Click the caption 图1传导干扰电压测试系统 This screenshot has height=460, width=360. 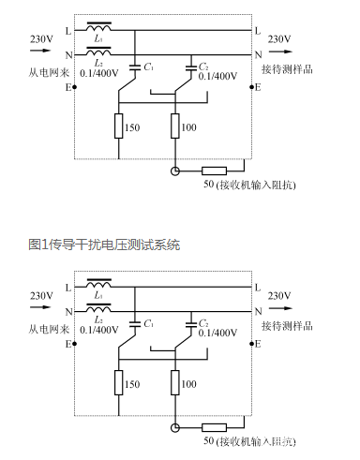(104, 244)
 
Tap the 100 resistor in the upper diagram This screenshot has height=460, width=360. (175, 125)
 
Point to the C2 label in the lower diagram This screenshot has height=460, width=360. (203, 322)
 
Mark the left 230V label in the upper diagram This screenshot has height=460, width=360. (41, 38)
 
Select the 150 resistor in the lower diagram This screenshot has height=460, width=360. (119, 381)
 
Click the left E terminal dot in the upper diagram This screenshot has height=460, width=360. (74, 87)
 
